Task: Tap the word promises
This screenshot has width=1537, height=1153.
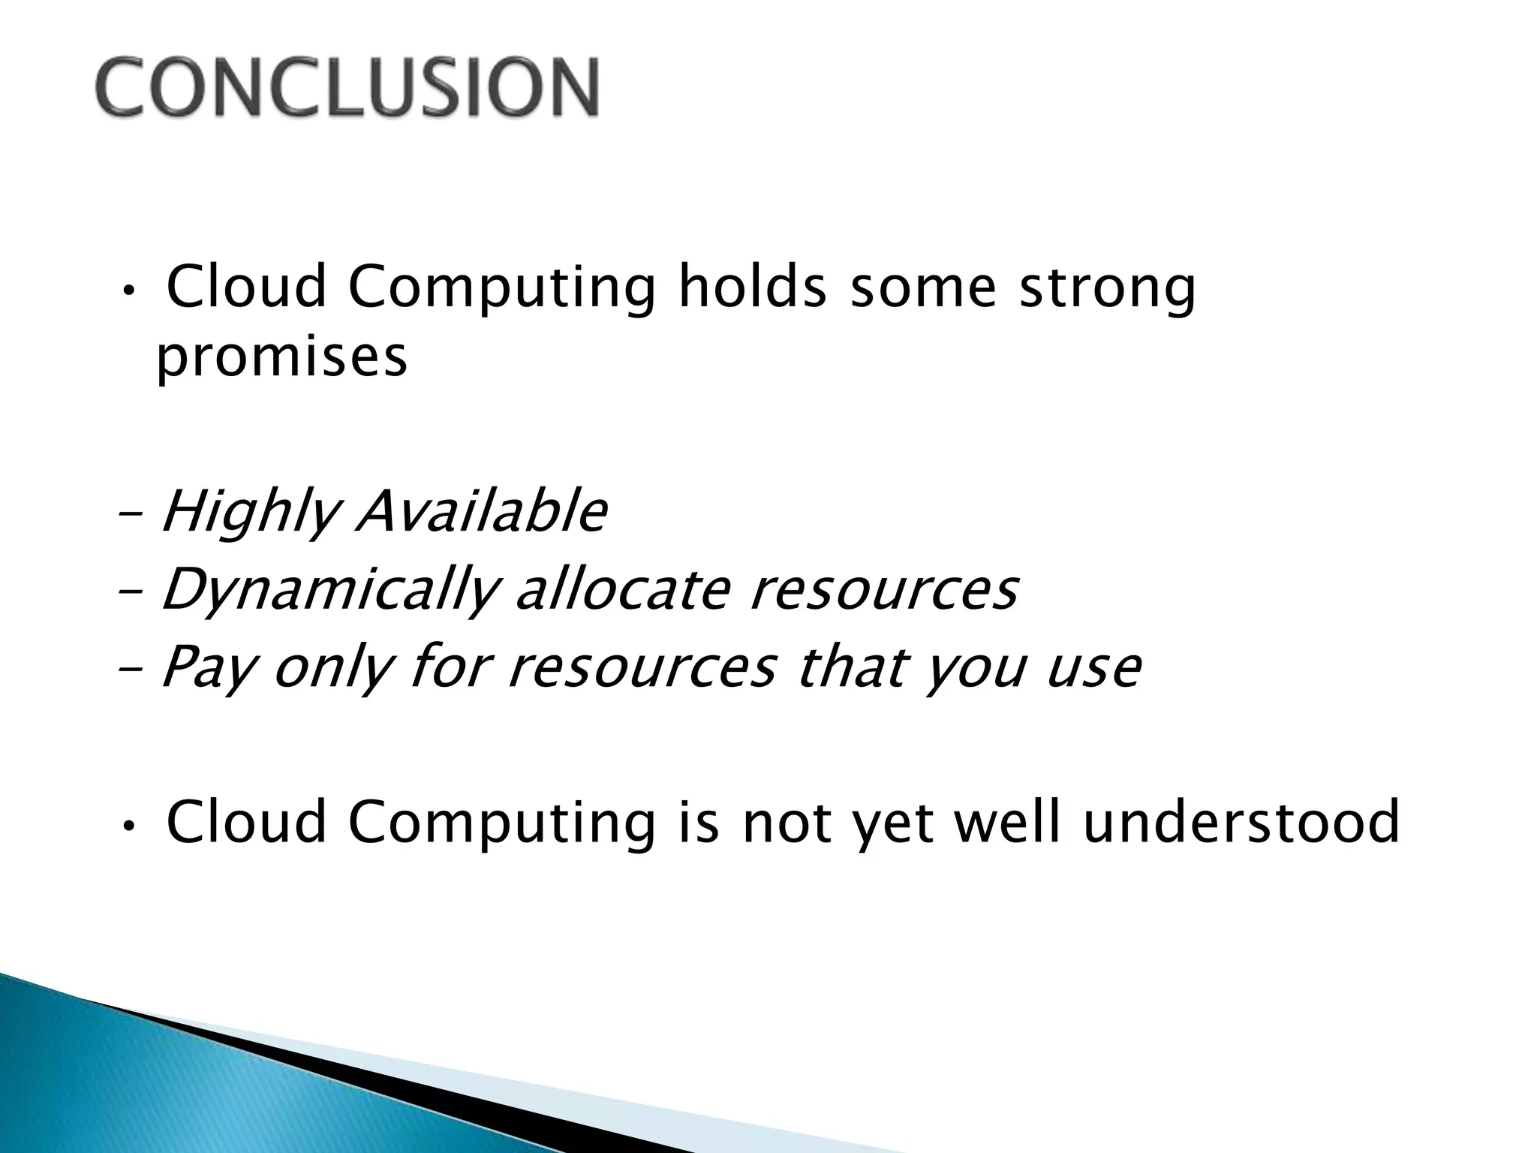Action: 281,359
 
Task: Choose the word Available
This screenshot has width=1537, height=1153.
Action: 481,511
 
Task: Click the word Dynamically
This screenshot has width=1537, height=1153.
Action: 330,591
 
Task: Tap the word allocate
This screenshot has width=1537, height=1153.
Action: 623,589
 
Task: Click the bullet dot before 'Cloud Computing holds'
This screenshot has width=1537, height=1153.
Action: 128,292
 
